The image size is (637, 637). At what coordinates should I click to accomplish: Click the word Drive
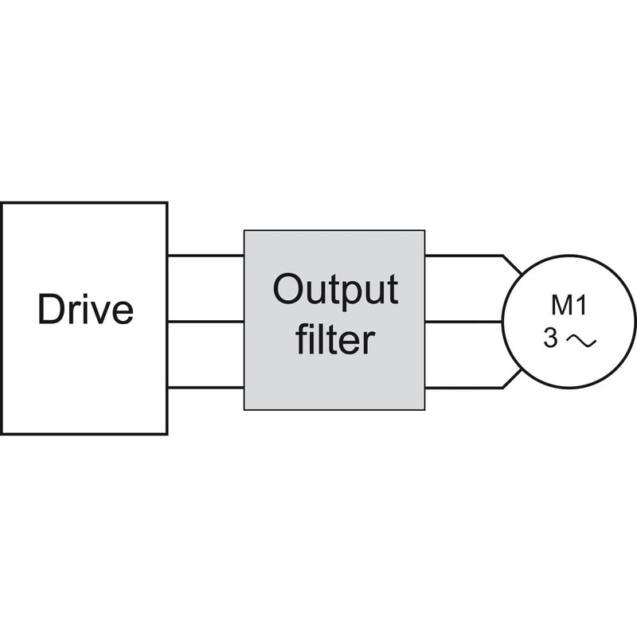click(x=85, y=309)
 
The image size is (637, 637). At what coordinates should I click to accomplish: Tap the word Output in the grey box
click(x=334, y=291)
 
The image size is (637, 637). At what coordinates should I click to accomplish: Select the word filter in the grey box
click(x=334, y=340)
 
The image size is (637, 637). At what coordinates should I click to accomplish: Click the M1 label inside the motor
click(x=569, y=305)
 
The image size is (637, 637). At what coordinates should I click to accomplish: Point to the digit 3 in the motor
click(x=551, y=338)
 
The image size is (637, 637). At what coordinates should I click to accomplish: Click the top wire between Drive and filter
click(x=205, y=256)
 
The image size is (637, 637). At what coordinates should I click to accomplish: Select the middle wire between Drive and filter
click(x=205, y=321)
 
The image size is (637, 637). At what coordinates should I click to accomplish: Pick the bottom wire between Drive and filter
click(x=205, y=387)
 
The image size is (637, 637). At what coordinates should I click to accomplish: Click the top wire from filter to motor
click(x=462, y=256)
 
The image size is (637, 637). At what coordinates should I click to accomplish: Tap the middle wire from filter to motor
click(x=462, y=321)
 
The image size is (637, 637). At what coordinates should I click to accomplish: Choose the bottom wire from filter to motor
click(x=462, y=387)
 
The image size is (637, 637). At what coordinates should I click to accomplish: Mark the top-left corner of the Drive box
click(x=2, y=203)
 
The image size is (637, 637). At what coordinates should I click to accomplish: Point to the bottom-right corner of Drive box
click(x=166, y=433)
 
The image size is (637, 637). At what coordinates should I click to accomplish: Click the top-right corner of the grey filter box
click(x=424, y=231)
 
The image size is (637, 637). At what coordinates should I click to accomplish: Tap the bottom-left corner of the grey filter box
click(x=244, y=409)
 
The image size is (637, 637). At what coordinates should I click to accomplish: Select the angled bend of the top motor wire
click(x=503, y=256)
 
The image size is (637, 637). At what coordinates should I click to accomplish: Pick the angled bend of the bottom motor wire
click(x=503, y=387)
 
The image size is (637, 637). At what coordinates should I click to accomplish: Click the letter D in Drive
click(x=49, y=309)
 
